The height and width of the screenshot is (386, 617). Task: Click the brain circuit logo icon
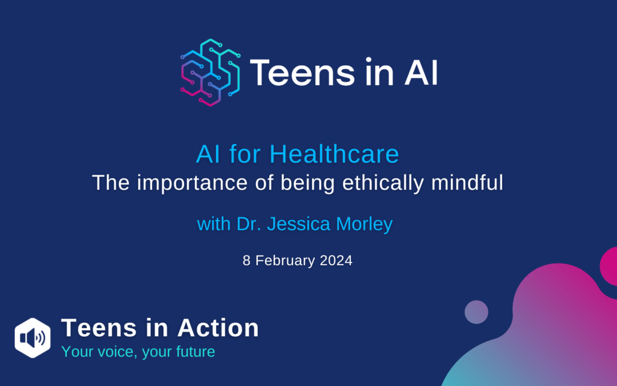(210, 73)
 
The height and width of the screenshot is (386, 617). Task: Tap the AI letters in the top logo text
(421, 73)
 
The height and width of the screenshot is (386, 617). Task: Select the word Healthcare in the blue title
(334, 154)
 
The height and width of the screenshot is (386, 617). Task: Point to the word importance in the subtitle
(193, 183)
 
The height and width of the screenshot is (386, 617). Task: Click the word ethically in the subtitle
(383, 183)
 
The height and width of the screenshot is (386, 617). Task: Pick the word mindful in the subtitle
(467, 183)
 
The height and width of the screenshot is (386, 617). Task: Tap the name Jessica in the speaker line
(299, 224)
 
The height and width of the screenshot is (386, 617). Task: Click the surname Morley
(364, 225)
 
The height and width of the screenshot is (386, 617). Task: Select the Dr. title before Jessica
(249, 224)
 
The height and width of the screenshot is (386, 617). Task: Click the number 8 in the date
(246, 261)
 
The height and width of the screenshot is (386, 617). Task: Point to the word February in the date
(285, 261)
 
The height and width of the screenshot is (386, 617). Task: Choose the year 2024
(336, 261)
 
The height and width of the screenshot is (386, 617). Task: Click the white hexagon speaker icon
(33, 337)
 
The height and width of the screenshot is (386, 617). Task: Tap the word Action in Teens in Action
(218, 328)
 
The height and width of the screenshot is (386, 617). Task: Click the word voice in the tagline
(117, 352)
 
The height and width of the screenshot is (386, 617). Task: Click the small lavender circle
(476, 312)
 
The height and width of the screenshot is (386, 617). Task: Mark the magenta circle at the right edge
(609, 266)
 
